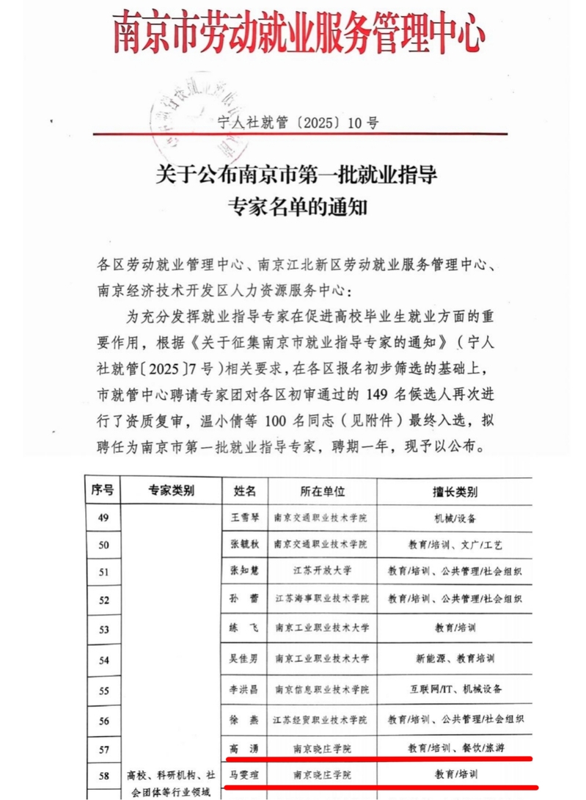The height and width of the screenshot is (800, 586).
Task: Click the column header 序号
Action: pyautogui.click(x=101, y=490)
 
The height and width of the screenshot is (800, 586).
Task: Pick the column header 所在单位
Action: pyautogui.click(x=322, y=490)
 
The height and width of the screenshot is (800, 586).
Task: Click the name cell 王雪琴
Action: pyautogui.click(x=244, y=518)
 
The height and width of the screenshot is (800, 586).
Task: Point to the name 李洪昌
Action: pyautogui.click(x=244, y=690)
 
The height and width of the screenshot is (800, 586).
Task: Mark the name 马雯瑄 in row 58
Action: pyautogui.click(x=244, y=774)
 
